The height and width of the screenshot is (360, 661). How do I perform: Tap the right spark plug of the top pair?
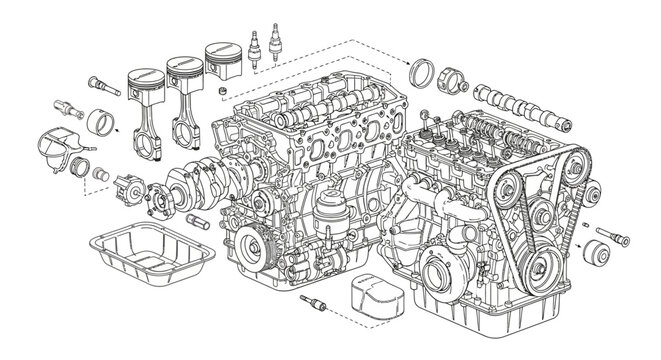(x=274, y=41)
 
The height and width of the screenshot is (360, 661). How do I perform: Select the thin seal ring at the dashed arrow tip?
(x=424, y=73)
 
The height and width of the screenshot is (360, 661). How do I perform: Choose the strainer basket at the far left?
(x=63, y=147)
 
